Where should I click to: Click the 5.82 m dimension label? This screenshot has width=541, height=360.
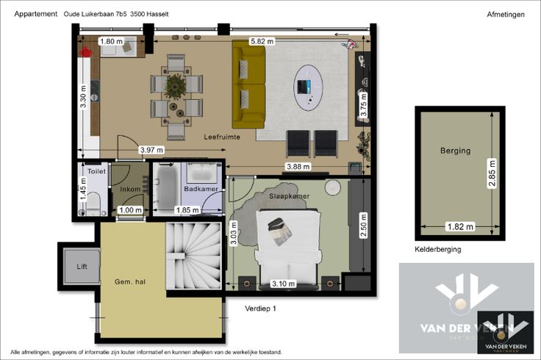coord(262,41)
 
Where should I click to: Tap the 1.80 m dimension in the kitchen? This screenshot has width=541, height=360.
coord(111,41)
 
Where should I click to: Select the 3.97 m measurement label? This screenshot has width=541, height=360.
coord(151,150)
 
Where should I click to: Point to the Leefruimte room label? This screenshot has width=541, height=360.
coord(222,137)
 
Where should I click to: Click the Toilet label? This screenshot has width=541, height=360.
coord(96,171)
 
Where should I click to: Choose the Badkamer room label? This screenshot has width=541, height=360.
coord(201,189)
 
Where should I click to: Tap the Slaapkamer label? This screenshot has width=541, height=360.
coord(289,196)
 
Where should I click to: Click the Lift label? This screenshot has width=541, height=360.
coord(82,266)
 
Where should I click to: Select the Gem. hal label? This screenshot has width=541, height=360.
coord(130,281)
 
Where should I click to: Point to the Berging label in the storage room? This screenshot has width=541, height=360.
coord(456,151)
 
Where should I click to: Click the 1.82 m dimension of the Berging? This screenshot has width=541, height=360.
coord(460,226)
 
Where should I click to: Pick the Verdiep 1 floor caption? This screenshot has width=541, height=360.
coord(260,309)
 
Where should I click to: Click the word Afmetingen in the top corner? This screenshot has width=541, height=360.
coord(506,15)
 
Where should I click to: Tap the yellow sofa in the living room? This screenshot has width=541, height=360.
coord(248,84)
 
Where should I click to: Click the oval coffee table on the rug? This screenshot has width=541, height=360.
coord(308,88)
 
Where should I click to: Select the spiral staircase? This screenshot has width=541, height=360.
coord(193,256)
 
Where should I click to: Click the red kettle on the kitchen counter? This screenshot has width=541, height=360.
coord(85,52)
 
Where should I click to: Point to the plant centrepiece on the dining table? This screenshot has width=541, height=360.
coord(175,86)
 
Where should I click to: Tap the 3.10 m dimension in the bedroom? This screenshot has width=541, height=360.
coord(283,284)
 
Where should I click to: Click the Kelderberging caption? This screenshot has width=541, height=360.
coord(438,249)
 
